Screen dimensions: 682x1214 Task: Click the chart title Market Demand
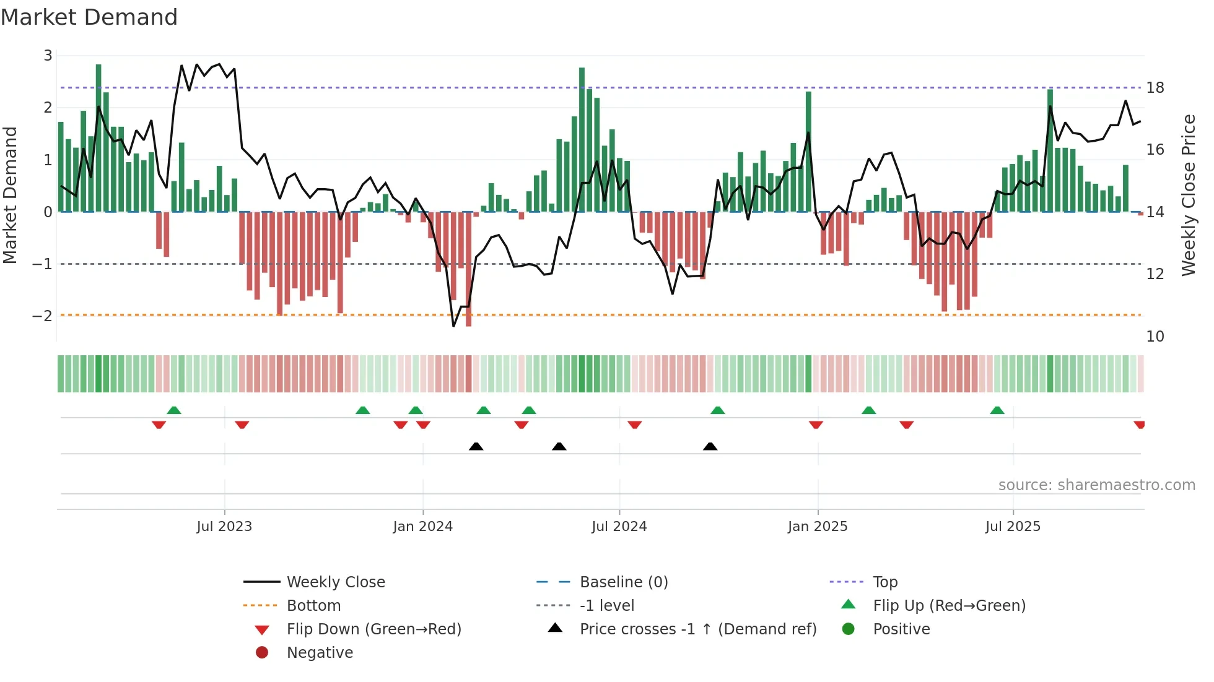pyautogui.click(x=89, y=17)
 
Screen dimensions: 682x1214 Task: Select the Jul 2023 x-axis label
pyautogui.click(x=224, y=527)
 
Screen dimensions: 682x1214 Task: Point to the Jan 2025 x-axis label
pyautogui.click(x=818, y=527)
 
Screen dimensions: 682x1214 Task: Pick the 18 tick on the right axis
pyautogui.click(x=1155, y=88)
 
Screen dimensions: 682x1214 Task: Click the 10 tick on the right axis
pyautogui.click(x=1155, y=337)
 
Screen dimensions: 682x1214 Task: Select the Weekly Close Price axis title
pyautogui.click(x=1188, y=195)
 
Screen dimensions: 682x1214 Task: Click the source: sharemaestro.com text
pyautogui.click(x=1096, y=485)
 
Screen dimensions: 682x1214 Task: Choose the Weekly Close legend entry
pyautogui.click(x=336, y=582)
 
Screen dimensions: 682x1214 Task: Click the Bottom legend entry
pyautogui.click(x=313, y=606)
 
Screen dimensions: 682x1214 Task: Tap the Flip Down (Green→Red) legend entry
pyautogui.click(x=373, y=629)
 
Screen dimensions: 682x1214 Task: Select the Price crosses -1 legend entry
pyautogui.click(x=698, y=629)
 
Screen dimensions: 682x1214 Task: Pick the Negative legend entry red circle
pyautogui.click(x=262, y=653)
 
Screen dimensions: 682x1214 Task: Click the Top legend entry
pyautogui.click(x=885, y=582)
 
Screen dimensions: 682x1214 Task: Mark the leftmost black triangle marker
pyautogui.click(x=476, y=446)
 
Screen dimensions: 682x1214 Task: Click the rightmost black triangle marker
pyautogui.click(x=710, y=446)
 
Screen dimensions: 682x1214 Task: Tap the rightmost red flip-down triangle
pyautogui.click(x=1139, y=425)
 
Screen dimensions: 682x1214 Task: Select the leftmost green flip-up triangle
pyautogui.click(x=174, y=410)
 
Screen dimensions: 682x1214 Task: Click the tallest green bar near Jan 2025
pyautogui.click(x=808, y=152)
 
